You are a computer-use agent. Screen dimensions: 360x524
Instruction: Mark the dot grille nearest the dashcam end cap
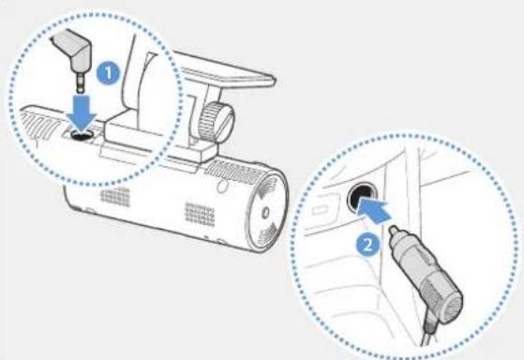click(201, 215)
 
